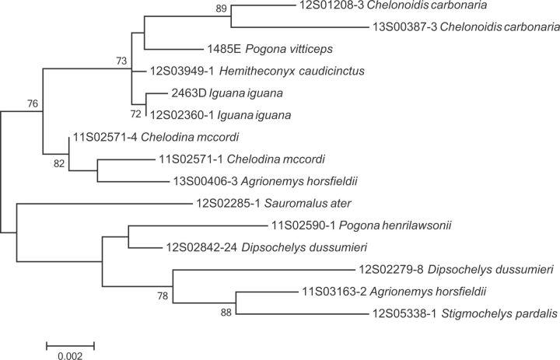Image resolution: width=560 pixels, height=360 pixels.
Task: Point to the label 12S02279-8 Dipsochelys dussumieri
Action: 455,270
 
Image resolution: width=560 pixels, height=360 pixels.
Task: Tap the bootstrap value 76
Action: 32,103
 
